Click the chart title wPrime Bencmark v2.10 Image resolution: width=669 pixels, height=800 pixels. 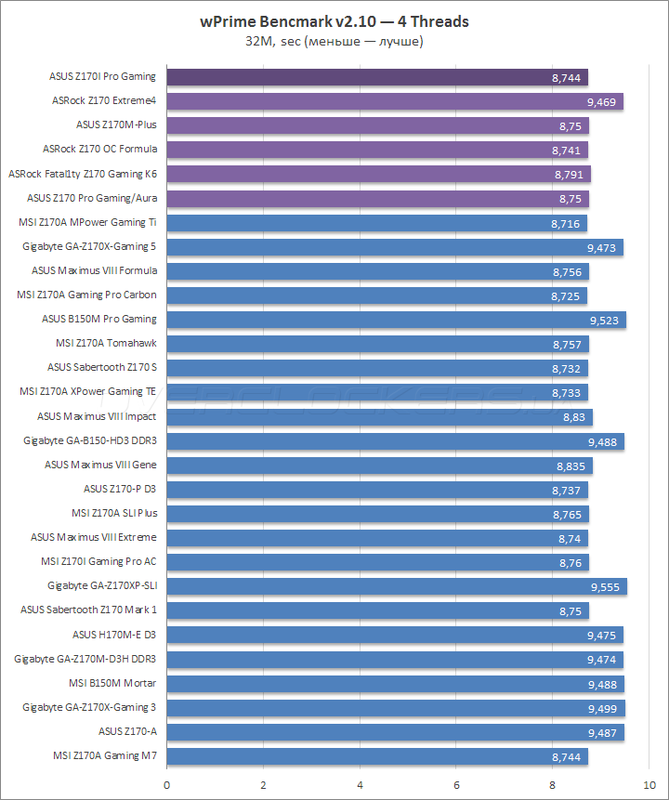pos(334,20)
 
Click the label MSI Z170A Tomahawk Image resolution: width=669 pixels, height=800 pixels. pos(111,344)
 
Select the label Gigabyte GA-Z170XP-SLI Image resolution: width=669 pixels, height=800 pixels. pos(102,586)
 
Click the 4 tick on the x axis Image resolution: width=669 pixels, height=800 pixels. pos(361,783)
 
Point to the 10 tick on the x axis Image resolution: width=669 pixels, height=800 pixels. pos(648,783)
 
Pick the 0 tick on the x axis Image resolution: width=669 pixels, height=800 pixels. pos(166,783)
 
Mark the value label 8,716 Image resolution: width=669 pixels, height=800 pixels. pos(566,223)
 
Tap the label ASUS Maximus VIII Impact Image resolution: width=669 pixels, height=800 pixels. pos(98,416)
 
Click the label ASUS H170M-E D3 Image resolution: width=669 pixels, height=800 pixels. pos(114,635)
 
